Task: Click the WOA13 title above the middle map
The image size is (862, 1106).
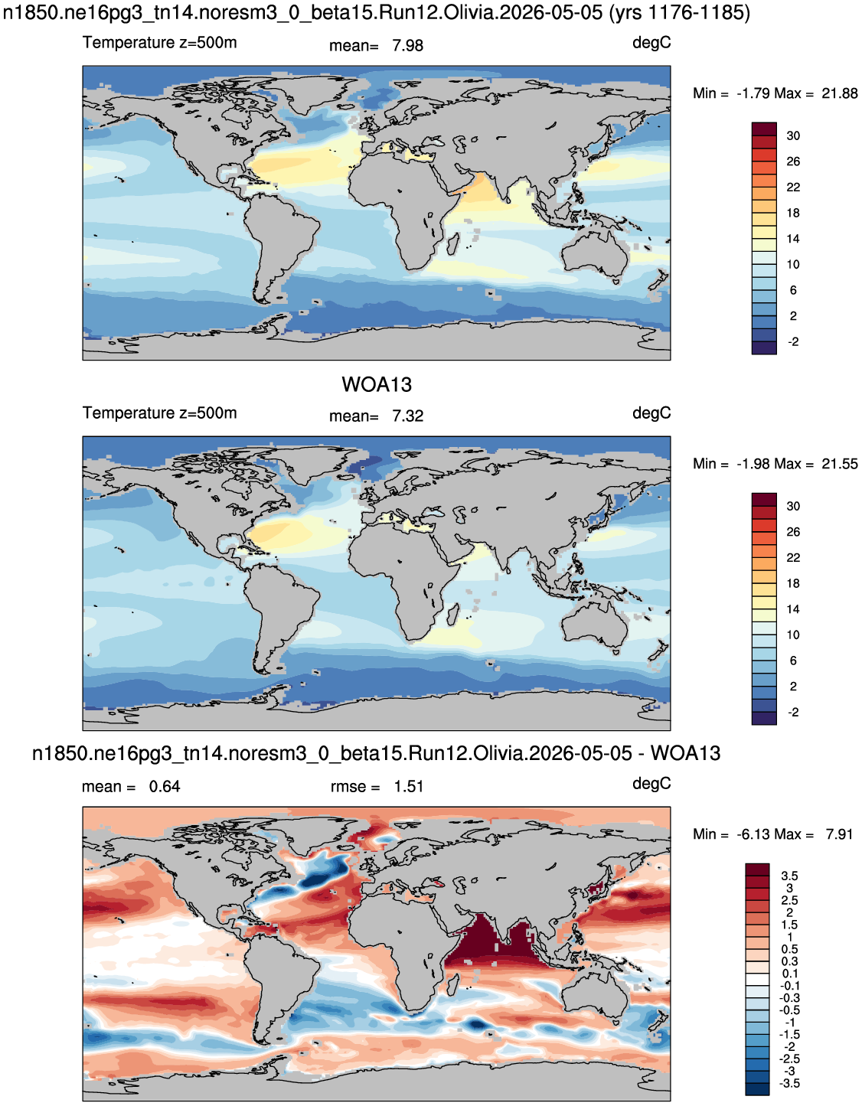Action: pos(377,385)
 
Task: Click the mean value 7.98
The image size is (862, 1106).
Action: pos(407,46)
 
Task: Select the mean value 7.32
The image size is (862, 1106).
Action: pos(407,416)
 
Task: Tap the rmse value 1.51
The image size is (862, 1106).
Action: pos(409,787)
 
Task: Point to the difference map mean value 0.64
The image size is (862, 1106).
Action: pos(165,787)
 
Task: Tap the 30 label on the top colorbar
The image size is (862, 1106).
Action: pos(793,136)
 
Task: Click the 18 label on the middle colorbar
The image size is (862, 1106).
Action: pos(793,583)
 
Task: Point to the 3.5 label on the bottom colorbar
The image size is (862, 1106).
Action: pos(790,876)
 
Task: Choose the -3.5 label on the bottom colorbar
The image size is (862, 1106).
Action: pos(789,1083)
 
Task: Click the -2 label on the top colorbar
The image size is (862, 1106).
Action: pos(793,341)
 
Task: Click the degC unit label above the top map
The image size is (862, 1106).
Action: pos(651,44)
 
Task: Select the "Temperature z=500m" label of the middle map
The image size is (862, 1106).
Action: pos(160,413)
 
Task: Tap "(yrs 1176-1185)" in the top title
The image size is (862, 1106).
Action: pos(679,13)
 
